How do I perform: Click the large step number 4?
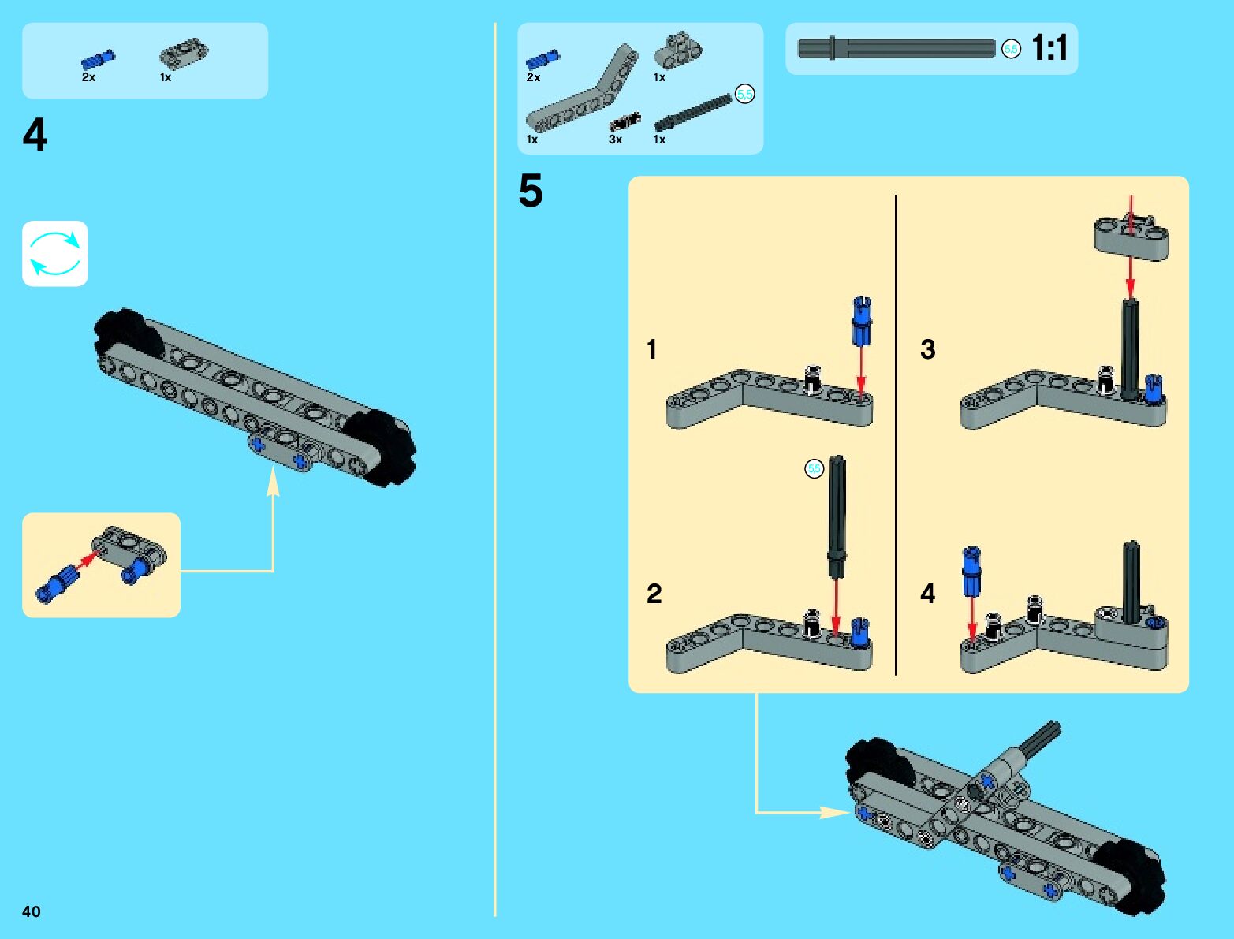pyautogui.click(x=35, y=135)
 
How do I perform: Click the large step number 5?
pyautogui.click(x=531, y=191)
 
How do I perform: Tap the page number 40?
pyautogui.click(x=31, y=911)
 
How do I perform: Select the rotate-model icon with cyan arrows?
pyautogui.click(x=55, y=254)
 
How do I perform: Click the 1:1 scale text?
pyautogui.click(x=1049, y=48)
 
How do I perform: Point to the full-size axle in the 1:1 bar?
pyautogui.click(x=897, y=49)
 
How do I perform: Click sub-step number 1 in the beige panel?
pyautogui.click(x=651, y=349)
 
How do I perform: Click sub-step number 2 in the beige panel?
pyautogui.click(x=654, y=594)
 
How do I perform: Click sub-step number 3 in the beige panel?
pyautogui.click(x=928, y=349)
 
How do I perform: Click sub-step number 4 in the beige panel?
pyautogui.click(x=928, y=594)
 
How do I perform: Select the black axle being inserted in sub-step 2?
pyautogui.click(x=837, y=512)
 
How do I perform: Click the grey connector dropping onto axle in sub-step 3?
pyautogui.click(x=1131, y=239)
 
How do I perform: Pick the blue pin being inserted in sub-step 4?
pyautogui.click(x=971, y=572)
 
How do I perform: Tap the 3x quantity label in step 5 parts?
pyautogui.click(x=615, y=140)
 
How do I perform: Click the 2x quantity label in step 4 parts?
pyautogui.click(x=88, y=77)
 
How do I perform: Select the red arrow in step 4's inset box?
pyautogui.click(x=88, y=560)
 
